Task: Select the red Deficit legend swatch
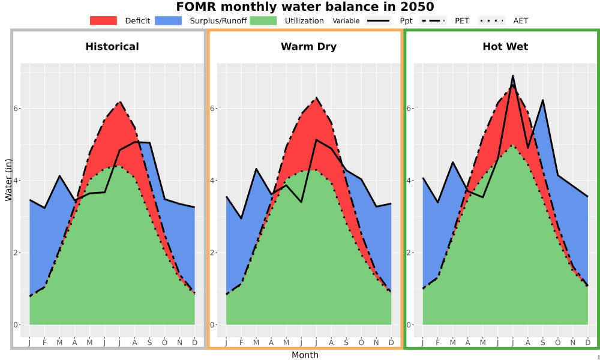point(103,20)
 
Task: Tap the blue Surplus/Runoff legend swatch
point(169,20)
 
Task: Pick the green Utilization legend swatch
point(263,20)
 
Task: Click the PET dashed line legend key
point(433,20)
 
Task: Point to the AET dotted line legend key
point(492,20)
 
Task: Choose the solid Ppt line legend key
point(378,20)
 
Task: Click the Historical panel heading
point(112,47)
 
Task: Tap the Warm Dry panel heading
point(309,47)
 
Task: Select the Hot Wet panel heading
point(505,47)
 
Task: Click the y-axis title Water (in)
point(8,180)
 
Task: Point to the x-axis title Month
point(305,355)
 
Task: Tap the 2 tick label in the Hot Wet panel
point(408,253)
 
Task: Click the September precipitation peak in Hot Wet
point(542,100)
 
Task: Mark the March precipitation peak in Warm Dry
point(256,169)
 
